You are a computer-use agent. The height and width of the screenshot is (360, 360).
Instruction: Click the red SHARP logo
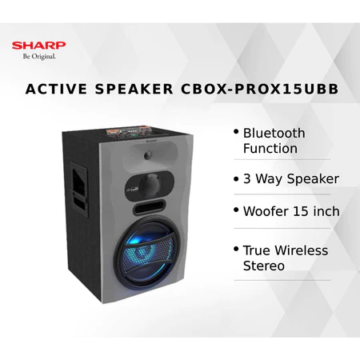pyautogui.click(x=38, y=46)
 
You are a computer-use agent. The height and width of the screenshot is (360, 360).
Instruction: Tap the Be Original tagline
pyautogui.click(x=39, y=57)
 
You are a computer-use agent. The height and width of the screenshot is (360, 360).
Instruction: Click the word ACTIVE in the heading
pyautogui.click(x=56, y=89)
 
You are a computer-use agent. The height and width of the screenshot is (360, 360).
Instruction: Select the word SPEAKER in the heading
pyautogui.click(x=134, y=89)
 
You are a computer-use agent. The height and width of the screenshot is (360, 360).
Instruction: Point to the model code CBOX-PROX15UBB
pyautogui.click(x=260, y=89)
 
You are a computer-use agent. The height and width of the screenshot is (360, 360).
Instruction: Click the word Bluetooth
pyautogui.click(x=274, y=133)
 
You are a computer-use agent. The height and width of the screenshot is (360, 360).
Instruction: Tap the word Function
pyautogui.click(x=270, y=149)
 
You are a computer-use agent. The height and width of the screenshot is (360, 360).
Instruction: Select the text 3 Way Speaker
pyautogui.click(x=291, y=178)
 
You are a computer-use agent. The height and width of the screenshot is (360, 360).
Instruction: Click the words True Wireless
pyautogui.click(x=286, y=250)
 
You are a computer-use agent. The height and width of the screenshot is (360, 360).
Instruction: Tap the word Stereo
pyautogui.click(x=264, y=266)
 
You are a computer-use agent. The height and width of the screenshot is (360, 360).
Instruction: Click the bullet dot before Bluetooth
pyautogui.click(x=236, y=132)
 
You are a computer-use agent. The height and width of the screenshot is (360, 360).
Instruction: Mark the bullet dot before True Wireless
pyautogui.click(x=236, y=249)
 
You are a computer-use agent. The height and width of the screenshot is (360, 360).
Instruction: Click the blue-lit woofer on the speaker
pyautogui.click(x=148, y=252)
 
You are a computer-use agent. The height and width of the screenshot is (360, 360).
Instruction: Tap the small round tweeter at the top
pyautogui.click(x=148, y=155)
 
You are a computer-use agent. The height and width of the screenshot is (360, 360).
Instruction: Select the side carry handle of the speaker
pyautogui.click(x=79, y=189)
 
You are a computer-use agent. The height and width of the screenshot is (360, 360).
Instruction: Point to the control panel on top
pyautogui.click(x=129, y=133)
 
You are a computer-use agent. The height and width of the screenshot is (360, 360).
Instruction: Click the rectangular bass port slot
pyautogui.click(x=150, y=206)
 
